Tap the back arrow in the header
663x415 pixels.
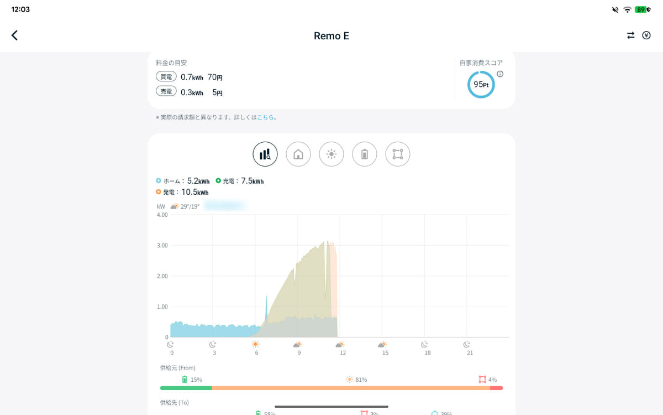coord(15,35)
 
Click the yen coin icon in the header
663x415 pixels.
coord(646,35)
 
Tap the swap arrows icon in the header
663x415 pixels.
coord(630,35)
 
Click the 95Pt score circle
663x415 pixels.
coord(481,85)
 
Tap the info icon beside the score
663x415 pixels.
coord(500,74)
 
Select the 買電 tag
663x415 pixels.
coord(166,77)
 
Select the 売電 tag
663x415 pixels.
coord(166,92)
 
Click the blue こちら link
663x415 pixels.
coord(265,117)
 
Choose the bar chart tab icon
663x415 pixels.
coord(265,154)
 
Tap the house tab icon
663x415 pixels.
coord(298,154)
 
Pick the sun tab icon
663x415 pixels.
coord(331,154)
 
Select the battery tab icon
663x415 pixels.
coord(365,154)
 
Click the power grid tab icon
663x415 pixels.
coord(398,154)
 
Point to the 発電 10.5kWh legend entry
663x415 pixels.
coord(182,192)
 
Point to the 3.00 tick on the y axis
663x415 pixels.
coord(162,245)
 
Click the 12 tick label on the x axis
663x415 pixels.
coord(343,352)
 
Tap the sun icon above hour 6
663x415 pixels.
coord(255,344)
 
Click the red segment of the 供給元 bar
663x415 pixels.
coord(496,388)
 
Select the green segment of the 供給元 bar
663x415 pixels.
coord(186,388)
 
